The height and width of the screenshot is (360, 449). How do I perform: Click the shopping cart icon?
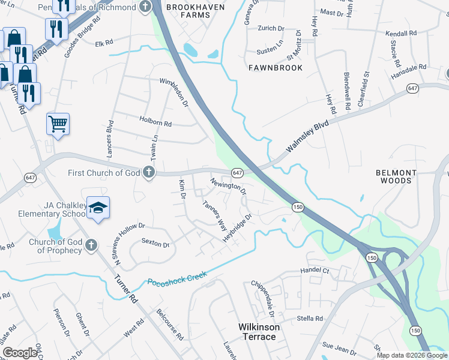[58, 124]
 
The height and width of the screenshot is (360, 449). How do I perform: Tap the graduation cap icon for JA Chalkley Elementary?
[98, 208]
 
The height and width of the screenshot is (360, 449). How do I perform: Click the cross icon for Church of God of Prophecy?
[91, 245]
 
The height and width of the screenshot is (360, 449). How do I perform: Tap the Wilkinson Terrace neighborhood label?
[257, 332]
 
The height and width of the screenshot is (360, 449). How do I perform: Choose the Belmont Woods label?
[396, 176]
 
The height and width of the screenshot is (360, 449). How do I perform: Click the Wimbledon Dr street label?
[174, 93]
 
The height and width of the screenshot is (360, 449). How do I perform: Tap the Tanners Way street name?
[214, 217]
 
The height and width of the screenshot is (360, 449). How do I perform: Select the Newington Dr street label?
[228, 185]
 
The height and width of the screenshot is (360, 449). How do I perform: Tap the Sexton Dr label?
[155, 244]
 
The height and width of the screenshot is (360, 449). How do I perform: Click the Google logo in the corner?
[21, 353]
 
